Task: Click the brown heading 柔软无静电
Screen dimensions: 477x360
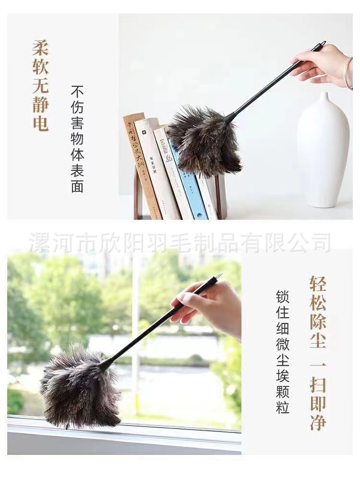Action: click(x=40, y=85)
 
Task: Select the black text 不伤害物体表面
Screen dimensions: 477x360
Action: click(x=77, y=139)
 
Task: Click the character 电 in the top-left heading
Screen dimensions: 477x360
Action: click(x=40, y=123)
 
